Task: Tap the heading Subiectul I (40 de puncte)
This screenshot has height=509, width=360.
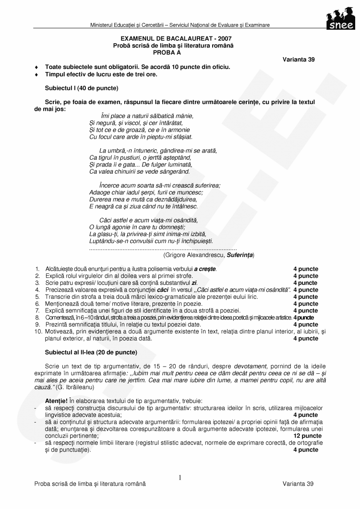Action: (x=82, y=88)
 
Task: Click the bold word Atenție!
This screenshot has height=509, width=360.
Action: (x=56, y=401)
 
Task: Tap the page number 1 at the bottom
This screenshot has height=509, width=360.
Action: (x=180, y=478)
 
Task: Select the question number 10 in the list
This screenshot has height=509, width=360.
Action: (x=38, y=331)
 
